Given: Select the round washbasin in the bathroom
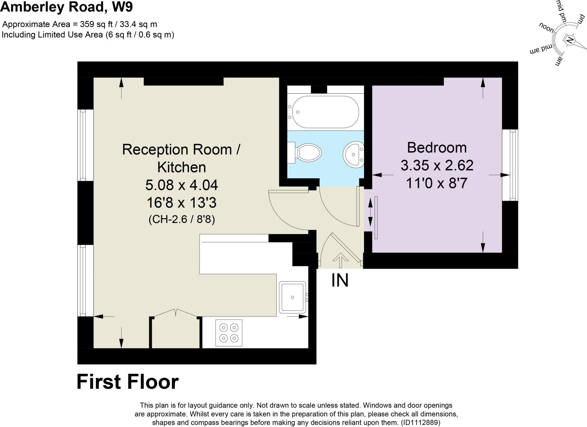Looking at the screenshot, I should click(353, 154).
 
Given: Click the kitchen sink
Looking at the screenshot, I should click(293, 297).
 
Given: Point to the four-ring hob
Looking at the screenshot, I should click(229, 333).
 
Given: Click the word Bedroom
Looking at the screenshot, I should click(437, 148).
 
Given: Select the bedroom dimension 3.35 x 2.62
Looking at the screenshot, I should click(437, 166).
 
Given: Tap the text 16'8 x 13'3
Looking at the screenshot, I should click(181, 203).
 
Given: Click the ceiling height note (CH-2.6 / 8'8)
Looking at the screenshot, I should click(182, 220).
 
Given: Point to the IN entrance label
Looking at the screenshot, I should click(340, 280).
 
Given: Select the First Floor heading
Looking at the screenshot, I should click(128, 382).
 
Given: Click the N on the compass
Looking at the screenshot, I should click(570, 40).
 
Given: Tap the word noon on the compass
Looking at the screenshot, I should click(547, 27).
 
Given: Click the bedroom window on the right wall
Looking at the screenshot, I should click(510, 165).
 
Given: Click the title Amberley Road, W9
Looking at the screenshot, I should click(66, 7).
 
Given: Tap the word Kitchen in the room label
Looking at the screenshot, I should click(181, 167).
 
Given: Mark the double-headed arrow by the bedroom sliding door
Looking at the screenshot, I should click(370, 212).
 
